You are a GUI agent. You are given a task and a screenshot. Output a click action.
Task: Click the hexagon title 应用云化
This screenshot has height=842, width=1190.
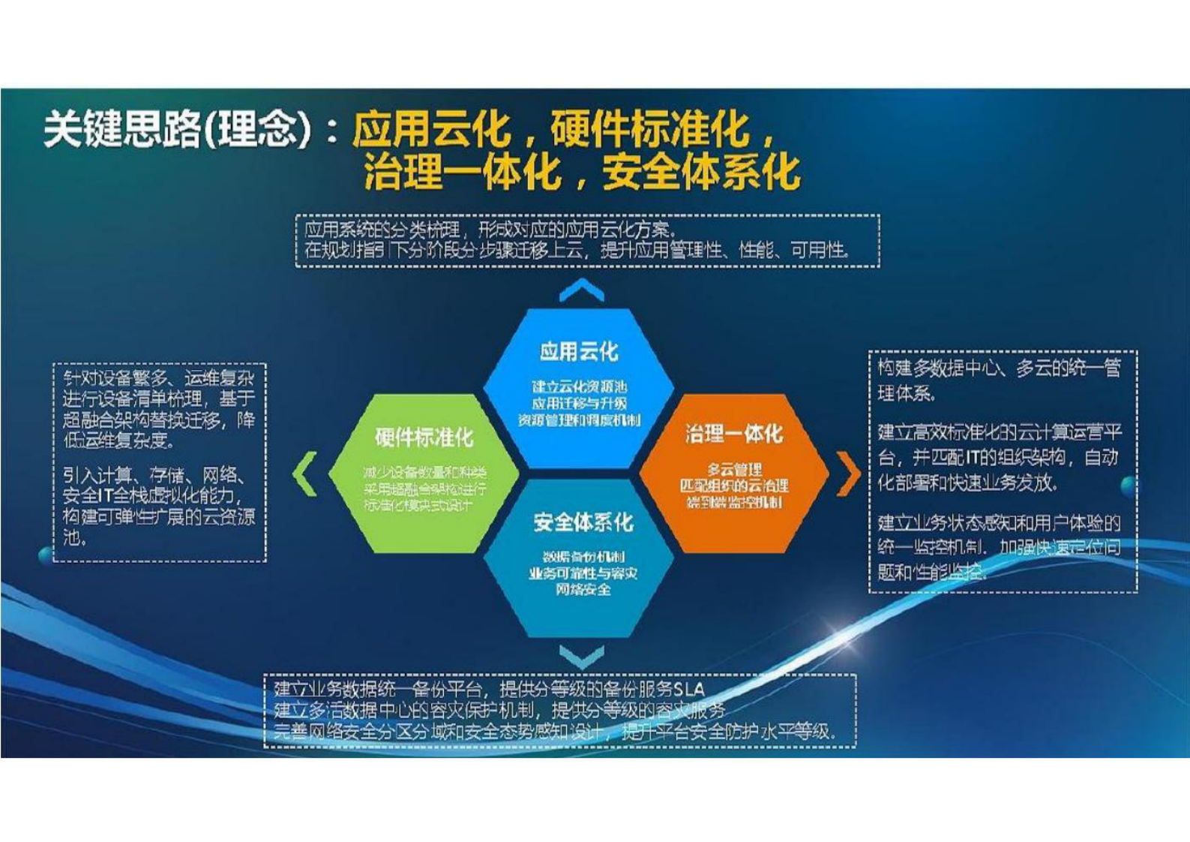tap(578, 350)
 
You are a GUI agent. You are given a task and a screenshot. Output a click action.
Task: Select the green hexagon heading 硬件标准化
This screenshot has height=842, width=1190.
tap(424, 437)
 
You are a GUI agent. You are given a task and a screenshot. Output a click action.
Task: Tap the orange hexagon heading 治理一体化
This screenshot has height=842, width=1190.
tap(733, 433)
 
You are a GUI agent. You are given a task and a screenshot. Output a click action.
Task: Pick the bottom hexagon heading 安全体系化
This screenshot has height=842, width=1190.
tap(583, 522)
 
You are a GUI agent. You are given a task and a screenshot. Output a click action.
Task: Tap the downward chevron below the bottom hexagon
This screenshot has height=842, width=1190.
tap(581, 657)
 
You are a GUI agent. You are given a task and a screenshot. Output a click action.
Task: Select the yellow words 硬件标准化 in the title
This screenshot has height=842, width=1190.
tap(649, 129)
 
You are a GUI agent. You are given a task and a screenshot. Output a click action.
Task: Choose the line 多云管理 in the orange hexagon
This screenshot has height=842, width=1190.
tap(733, 470)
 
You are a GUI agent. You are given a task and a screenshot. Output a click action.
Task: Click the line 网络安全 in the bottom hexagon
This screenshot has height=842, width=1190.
tap(583, 590)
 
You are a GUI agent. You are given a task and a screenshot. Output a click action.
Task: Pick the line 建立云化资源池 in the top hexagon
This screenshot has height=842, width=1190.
tap(579, 386)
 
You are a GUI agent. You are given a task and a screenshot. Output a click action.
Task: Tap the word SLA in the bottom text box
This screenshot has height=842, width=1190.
tap(688, 689)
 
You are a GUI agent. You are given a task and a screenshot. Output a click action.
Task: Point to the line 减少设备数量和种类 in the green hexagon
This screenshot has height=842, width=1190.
tap(424, 472)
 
